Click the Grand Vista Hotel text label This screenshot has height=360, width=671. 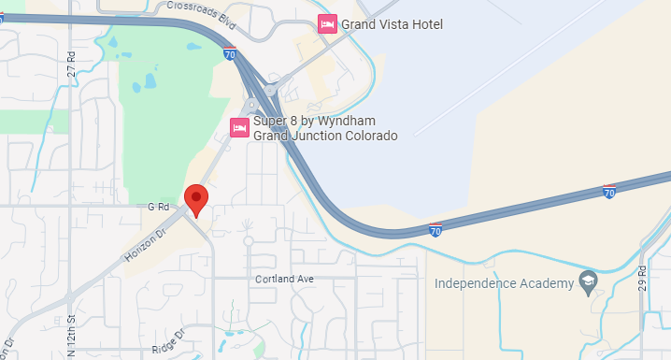point(392,24)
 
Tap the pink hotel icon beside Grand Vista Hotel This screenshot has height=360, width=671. point(327,24)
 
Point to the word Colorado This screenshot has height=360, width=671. point(369,136)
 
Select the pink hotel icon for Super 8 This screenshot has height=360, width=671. point(239,128)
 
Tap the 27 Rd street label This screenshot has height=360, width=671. point(71,64)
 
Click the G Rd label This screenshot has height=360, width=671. point(156,206)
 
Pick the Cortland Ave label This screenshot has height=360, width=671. point(285,280)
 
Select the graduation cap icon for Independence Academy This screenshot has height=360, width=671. point(588,281)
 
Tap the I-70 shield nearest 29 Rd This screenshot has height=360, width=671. point(609,192)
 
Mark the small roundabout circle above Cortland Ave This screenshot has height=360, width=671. point(249,240)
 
